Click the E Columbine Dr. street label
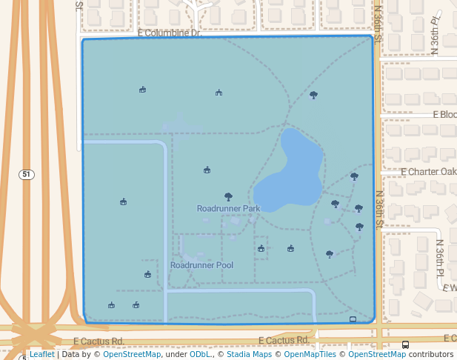point(170,33)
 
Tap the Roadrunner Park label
point(228,209)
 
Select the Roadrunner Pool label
point(201,265)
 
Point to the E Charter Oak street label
point(428,171)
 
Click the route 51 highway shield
point(27,175)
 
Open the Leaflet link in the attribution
point(41,355)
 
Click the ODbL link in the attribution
point(199,355)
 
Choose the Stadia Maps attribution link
point(249,355)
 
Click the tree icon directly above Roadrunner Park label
point(228,197)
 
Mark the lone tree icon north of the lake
point(313,95)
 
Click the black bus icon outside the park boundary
point(405,345)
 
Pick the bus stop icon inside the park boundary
point(353,319)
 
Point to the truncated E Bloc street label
point(445,115)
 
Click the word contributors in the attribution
point(432,355)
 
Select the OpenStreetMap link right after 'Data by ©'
point(132,355)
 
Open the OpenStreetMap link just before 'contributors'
point(377,355)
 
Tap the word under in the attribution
point(176,355)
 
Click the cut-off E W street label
point(449,287)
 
